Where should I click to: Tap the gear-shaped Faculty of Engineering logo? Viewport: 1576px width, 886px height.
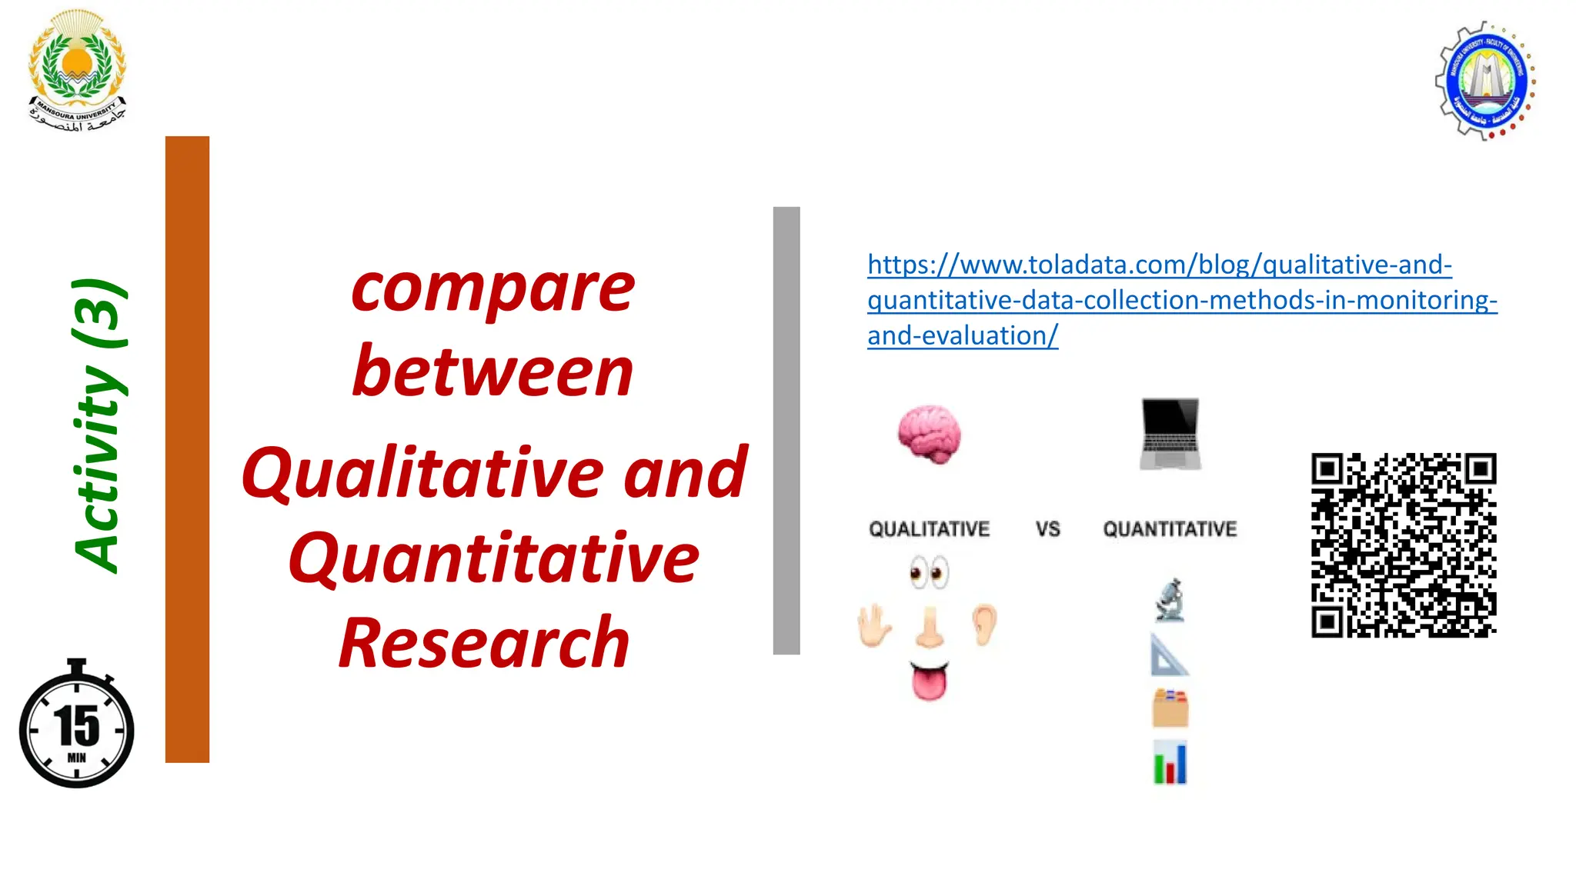1485,81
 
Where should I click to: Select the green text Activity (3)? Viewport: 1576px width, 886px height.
98,426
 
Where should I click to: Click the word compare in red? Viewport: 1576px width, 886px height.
493,288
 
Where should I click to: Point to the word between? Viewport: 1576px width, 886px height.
493,372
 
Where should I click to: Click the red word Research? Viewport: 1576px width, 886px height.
485,643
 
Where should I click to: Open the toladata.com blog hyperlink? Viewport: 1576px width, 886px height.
1181,300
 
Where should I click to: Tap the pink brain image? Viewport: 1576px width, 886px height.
930,434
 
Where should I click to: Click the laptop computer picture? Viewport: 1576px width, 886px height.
1170,434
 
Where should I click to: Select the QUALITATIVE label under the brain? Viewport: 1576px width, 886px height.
929,529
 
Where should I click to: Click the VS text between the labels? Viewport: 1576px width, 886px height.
1047,529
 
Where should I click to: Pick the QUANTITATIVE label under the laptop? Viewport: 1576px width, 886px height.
1170,529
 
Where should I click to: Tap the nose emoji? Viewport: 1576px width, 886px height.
930,626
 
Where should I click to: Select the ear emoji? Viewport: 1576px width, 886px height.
984,624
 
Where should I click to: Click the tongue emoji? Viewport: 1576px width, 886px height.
930,681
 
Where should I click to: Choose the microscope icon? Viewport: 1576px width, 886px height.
1170,600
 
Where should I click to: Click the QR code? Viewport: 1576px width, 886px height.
1404,545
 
